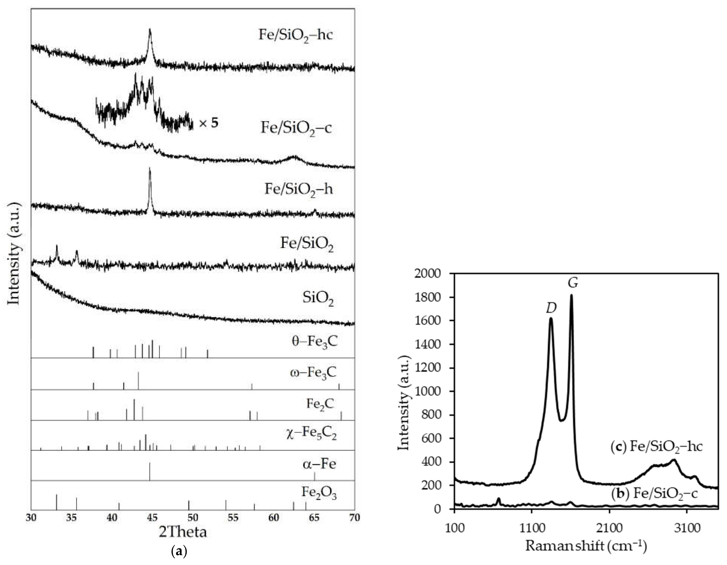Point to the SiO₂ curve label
click(x=318, y=298)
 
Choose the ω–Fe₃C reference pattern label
click(x=313, y=372)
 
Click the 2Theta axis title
click(x=183, y=532)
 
